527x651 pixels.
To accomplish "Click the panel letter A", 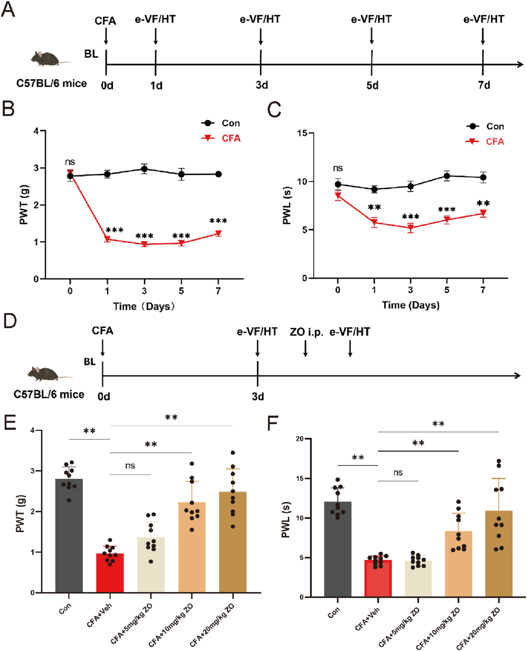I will [8, 9].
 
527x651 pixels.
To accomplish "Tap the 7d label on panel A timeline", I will [484, 85].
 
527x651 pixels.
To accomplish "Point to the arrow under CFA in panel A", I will [106, 37].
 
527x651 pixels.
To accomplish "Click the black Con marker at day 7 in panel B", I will [218, 174].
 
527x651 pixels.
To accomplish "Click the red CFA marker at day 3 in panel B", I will [144, 244].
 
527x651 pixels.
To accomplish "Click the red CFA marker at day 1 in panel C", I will [374, 223].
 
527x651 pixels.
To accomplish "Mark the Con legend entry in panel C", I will [486, 126].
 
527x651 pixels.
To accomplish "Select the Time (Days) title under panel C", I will [411, 305].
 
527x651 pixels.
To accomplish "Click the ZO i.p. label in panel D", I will [306, 332].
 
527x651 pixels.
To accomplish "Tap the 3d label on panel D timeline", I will [258, 397].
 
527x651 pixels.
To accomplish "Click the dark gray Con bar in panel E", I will [69, 536].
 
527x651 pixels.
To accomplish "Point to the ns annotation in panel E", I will [130, 466].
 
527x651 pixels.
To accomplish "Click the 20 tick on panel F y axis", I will [300, 439].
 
